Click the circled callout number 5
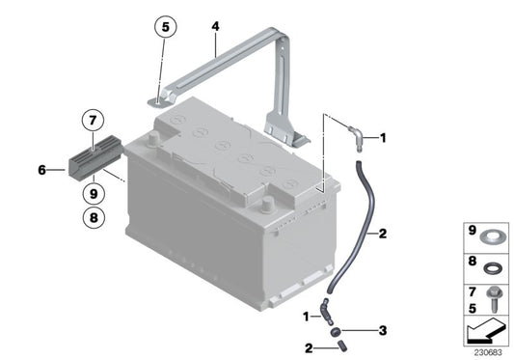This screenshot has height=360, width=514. (x=165, y=29)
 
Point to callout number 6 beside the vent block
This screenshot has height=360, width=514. (x=42, y=171)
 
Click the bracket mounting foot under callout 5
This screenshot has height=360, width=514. (x=163, y=97)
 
